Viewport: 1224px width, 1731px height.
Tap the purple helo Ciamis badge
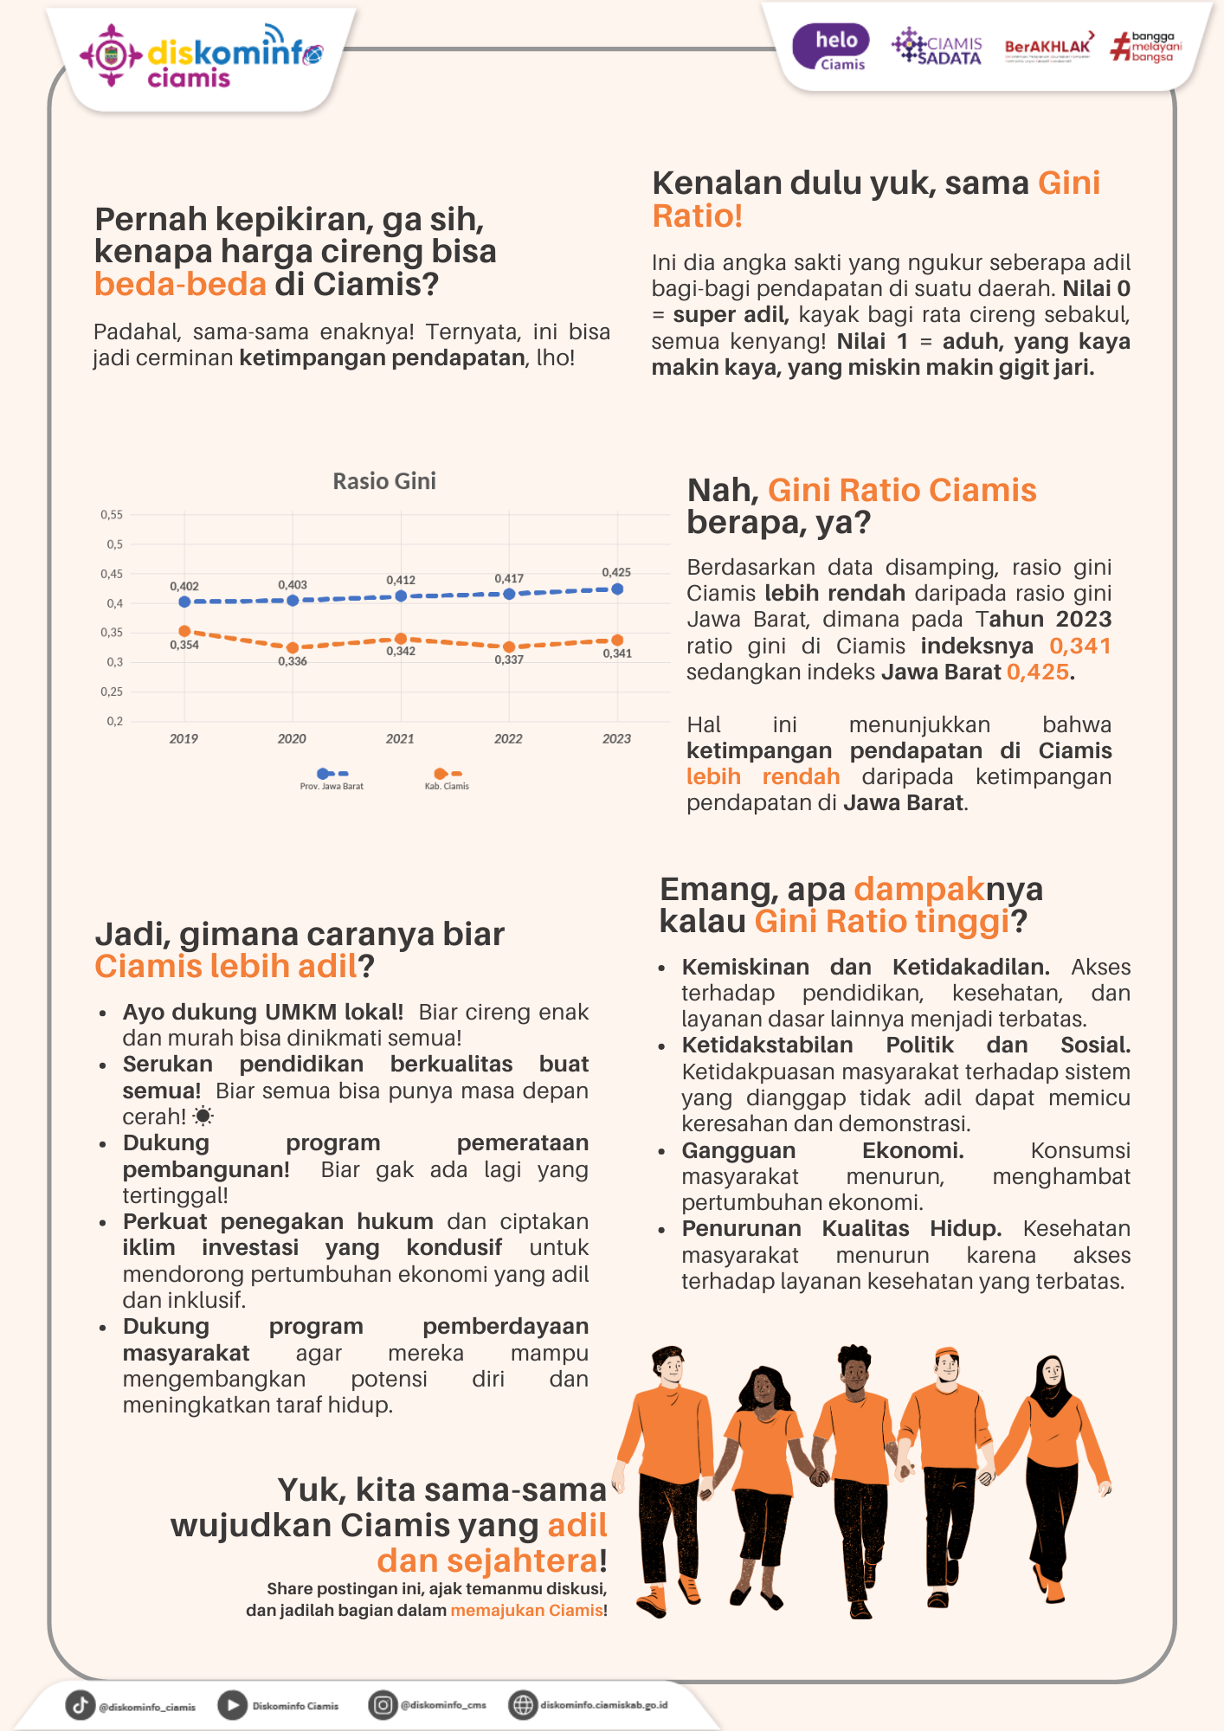click(x=831, y=48)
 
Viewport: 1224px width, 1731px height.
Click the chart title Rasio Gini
click(x=384, y=481)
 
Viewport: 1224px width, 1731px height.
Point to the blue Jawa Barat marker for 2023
click(x=617, y=589)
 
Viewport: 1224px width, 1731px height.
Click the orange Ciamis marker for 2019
click(x=184, y=631)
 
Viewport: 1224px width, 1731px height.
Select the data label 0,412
click(x=401, y=580)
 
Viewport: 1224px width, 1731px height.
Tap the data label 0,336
click(x=293, y=661)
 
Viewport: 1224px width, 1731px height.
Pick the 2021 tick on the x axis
click(x=400, y=738)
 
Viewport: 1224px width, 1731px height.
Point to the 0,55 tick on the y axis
click(x=112, y=515)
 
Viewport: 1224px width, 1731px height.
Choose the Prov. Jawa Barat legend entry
click(x=332, y=779)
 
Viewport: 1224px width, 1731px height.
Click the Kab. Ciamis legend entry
click(x=447, y=779)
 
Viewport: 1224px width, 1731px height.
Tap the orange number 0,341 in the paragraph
click(x=1079, y=646)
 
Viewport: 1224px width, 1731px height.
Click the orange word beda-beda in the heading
click(x=180, y=284)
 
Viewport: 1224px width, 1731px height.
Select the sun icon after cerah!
click(x=203, y=1116)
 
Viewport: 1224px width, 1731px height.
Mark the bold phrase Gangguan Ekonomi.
click(x=822, y=1150)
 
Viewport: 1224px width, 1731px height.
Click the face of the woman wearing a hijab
click(x=1052, y=1371)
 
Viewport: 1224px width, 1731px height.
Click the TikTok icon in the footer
click(x=81, y=1705)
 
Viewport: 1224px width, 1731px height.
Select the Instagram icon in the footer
click(x=383, y=1705)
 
